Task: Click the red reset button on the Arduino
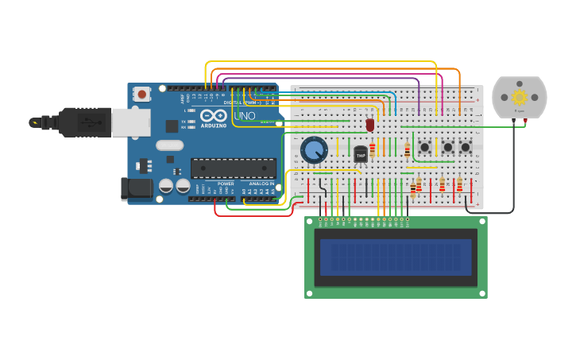click(x=141, y=94)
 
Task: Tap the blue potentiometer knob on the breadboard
click(x=314, y=149)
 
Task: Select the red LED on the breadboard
click(x=370, y=125)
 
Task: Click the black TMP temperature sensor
click(x=361, y=154)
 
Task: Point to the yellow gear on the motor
click(x=520, y=97)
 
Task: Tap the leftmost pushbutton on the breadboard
click(x=425, y=147)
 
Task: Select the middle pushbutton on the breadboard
click(x=447, y=147)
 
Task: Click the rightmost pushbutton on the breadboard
click(x=466, y=147)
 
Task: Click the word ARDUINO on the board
click(x=213, y=126)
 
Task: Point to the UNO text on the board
click(x=245, y=116)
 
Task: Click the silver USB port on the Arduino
click(x=130, y=122)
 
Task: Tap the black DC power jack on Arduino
click(x=135, y=189)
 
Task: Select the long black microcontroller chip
click(x=233, y=168)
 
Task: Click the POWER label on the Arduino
click(x=226, y=184)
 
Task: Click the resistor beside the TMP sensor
click(x=373, y=149)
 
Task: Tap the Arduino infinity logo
click(x=213, y=116)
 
